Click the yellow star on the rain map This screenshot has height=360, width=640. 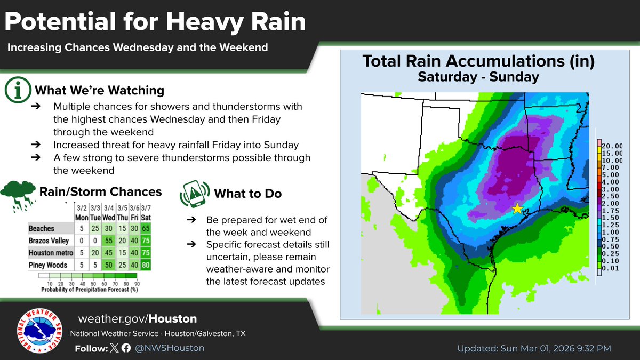(517, 209)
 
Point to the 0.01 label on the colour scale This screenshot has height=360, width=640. (609, 269)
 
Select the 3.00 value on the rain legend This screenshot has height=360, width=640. (609, 189)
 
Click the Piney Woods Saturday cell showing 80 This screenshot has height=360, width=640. (145, 265)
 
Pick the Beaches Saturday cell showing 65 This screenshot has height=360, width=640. (145, 228)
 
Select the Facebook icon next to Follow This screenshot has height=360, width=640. (126, 348)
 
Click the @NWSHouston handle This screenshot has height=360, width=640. (170, 348)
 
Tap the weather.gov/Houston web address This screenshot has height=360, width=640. (137, 319)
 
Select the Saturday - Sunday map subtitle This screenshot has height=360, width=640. (478, 77)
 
